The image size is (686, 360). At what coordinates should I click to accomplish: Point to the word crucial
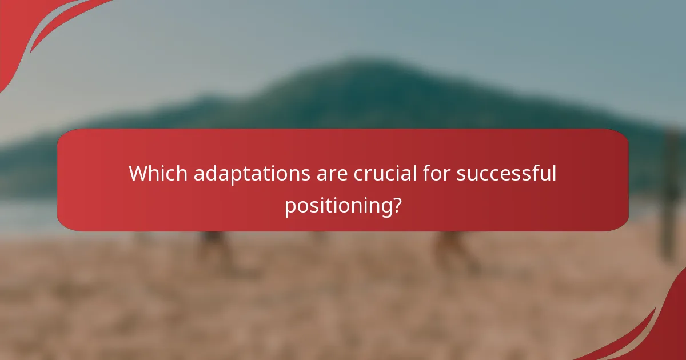click(385, 173)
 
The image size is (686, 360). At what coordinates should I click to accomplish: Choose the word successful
click(506, 173)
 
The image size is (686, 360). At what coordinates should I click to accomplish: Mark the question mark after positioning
click(396, 206)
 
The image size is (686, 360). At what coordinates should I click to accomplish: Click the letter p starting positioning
click(290, 208)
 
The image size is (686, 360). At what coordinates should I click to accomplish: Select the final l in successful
click(553, 173)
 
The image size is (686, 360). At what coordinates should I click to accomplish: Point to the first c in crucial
click(358, 174)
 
